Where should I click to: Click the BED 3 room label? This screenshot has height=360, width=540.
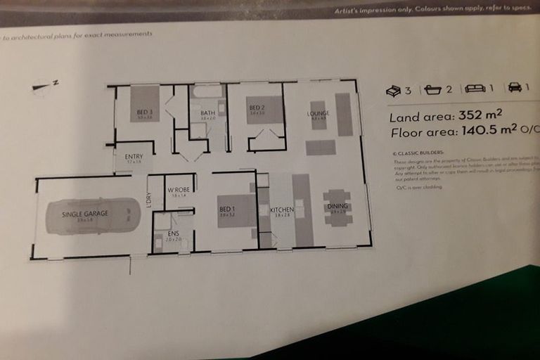point(144,112)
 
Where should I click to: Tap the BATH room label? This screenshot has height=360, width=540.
point(207,112)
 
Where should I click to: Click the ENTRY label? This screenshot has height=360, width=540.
point(134,157)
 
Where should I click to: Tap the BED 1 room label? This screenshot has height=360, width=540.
point(227,210)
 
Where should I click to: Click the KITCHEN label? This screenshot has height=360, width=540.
point(282,210)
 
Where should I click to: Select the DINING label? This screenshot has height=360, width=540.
point(337,206)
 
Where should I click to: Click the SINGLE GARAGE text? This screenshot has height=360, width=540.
point(85,214)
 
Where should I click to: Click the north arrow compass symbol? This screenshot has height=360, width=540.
point(45,86)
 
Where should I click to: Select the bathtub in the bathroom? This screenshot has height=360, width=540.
point(207,92)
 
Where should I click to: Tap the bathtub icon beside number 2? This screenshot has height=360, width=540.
point(432,89)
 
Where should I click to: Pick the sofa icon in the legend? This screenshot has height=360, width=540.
point(475,89)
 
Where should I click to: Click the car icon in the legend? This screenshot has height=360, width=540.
point(515,87)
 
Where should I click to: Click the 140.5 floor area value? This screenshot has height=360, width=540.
point(484,131)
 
